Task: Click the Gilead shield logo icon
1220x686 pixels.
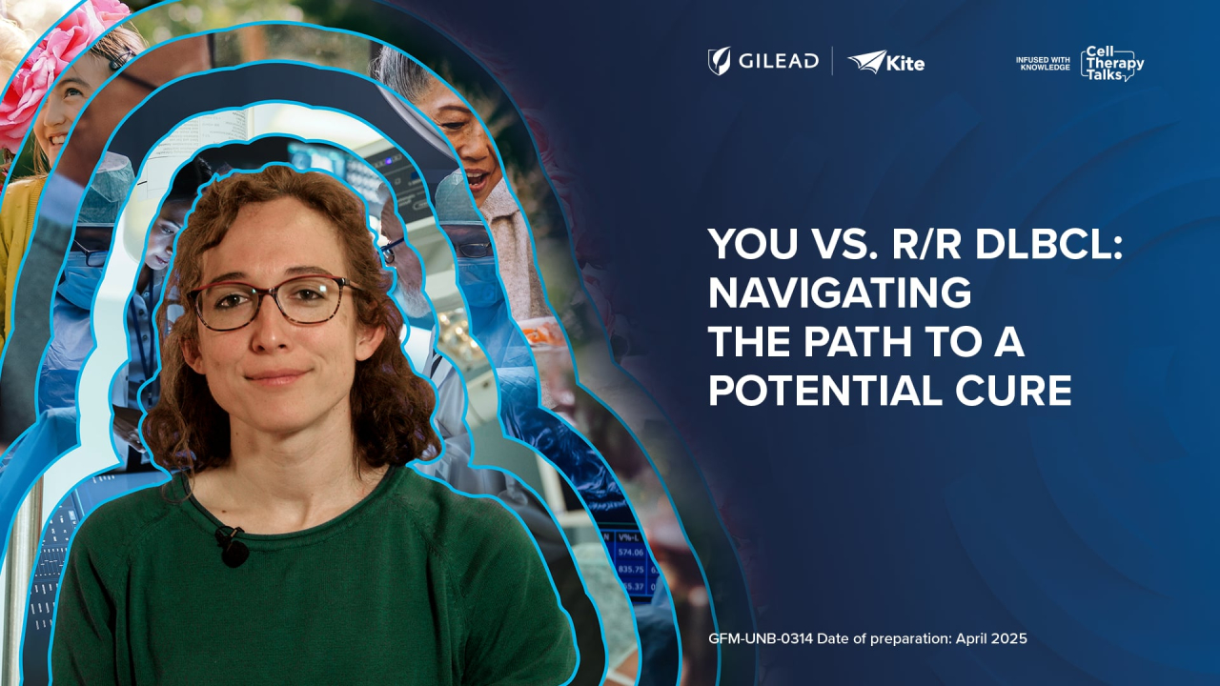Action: (719, 60)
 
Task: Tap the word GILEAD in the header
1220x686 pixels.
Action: (779, 61)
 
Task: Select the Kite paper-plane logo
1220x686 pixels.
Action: (867, 61)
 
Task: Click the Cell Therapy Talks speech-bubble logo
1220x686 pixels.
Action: (1112, 64)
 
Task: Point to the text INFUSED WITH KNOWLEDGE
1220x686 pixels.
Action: (1043, 64)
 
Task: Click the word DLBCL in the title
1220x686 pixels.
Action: (1049, 245)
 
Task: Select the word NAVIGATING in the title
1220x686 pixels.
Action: (840, 293)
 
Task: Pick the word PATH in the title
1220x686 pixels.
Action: (858, 341)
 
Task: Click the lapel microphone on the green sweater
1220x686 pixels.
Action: (233, 546)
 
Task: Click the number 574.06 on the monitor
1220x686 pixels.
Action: (631, 553)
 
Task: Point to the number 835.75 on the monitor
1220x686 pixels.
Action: (631, 570)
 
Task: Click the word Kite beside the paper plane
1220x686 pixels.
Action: (905, 64)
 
